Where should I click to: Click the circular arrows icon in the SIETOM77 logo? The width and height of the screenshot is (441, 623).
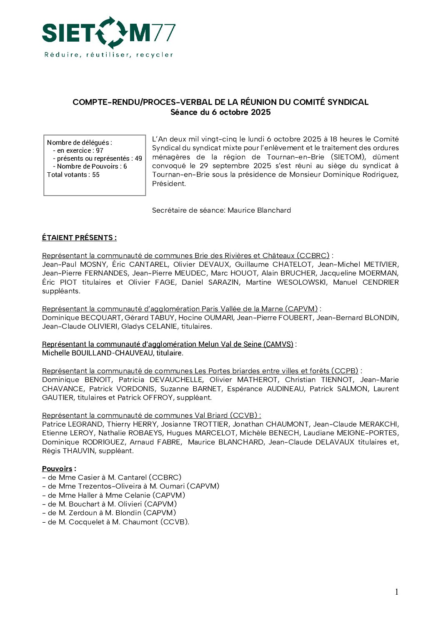111,32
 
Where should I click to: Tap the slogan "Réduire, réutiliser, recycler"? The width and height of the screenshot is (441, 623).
108,55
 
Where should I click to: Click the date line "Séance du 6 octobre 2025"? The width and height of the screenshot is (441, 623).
220,112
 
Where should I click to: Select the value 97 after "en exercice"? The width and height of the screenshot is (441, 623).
99,151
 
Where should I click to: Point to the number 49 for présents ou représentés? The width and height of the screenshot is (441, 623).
138,159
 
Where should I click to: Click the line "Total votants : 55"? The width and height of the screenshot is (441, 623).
73,175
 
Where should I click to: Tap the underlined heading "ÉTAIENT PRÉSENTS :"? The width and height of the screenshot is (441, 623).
79,238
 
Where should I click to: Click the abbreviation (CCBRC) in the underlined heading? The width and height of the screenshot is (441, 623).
313,256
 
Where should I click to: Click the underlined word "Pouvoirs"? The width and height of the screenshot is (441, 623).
57,469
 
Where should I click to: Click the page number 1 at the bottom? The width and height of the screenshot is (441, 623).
396,592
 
